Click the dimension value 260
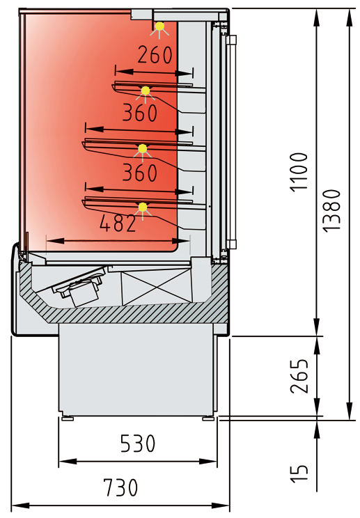(155, 55)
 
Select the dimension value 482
(118, 223)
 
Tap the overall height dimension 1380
(331, 210)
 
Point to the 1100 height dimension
(299, 172)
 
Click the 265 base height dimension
(299, 376)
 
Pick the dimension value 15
(299, 473)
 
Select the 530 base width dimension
(138, 444)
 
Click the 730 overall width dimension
(120, 487)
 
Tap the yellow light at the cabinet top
(160, 26)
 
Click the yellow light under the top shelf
(146, 91)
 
